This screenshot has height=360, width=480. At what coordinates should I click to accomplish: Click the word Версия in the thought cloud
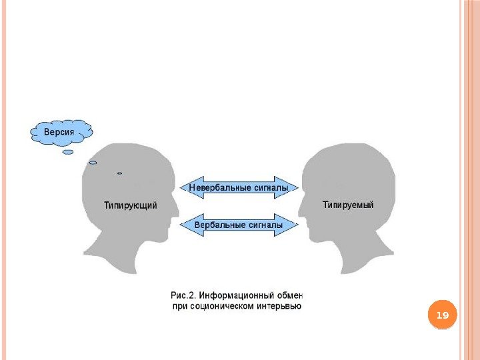pos(59,132)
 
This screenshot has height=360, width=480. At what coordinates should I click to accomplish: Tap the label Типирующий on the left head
pos(131,205)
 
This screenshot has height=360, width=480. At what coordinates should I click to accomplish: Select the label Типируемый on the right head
pos(348,205)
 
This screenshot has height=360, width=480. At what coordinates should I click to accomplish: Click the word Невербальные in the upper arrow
pos(215,188)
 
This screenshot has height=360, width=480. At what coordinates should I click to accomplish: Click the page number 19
pos(441,314)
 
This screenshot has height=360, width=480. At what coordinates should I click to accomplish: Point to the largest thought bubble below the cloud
pos(68,152)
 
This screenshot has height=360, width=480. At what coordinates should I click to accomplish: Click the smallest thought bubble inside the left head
pos(120,173)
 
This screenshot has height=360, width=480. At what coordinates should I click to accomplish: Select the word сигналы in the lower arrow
pos(266,225)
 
